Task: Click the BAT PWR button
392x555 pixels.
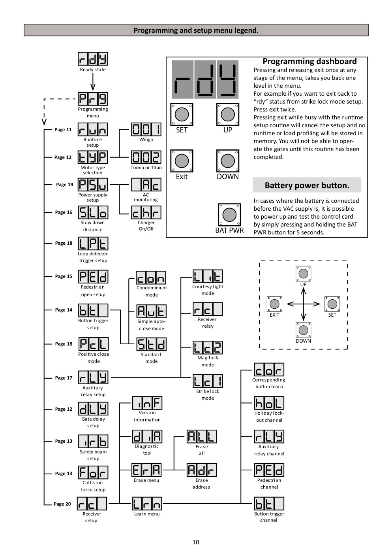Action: tap(229, 215)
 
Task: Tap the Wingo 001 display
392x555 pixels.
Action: tap(146, 129)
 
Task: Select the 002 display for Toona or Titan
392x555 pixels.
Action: tap(146, 157)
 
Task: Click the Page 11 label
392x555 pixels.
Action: tap(63, 130)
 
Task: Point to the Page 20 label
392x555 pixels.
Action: tap(62, 504)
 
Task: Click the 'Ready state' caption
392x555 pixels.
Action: tap(93, 70)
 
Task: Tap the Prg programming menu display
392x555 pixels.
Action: tap(93, 98)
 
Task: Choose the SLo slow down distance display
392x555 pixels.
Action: tap(93, 212)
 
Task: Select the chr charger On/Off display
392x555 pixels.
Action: tap(146, 212)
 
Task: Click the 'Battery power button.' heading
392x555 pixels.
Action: tap(307, 185)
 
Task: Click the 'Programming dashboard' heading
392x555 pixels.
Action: tap(309, 61)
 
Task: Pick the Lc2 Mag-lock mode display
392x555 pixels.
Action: tap(208, 347)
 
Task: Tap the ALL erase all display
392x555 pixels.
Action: tap(202, 436)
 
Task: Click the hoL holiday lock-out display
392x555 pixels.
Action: tap(269, 403)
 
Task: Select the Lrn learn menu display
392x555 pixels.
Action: tap(147, 504)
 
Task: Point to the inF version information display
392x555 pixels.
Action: tap(147, 403)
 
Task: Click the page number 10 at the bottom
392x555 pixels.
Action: tap(196, 542)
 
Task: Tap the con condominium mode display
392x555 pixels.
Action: tap(151, 277)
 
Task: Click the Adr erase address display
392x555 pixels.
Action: tap(202, 470)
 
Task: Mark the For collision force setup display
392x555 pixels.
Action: tap(93, 472)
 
